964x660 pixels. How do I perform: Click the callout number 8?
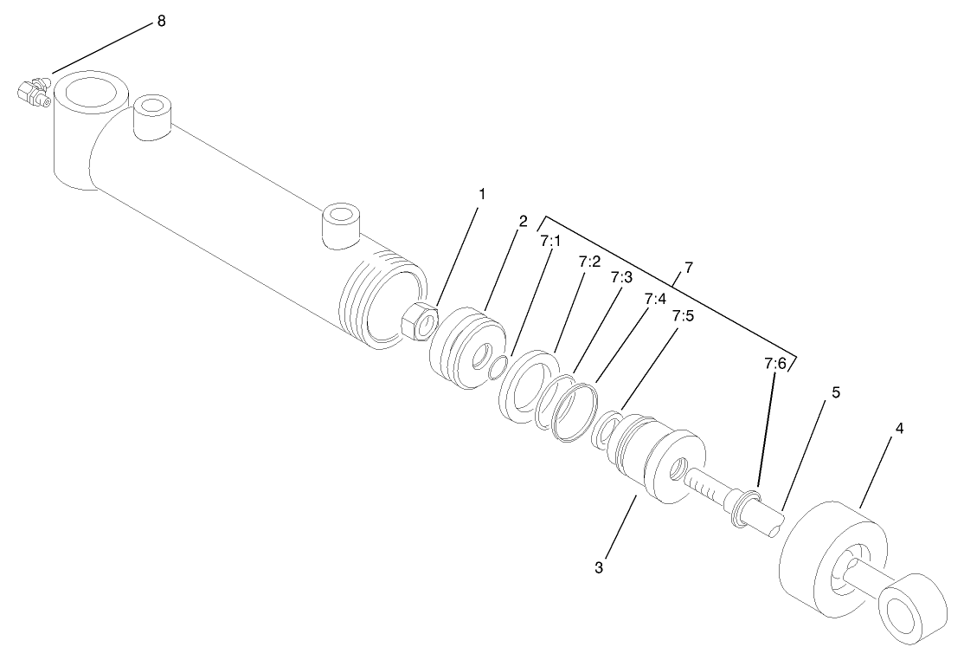click(161, 21)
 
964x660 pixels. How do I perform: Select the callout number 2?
click(523, 221)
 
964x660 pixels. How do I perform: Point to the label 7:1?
click(551, 242)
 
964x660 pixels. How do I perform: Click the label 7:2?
click(589, 261)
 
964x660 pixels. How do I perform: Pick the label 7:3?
click(621, 278)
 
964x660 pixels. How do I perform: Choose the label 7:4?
click(655, 298)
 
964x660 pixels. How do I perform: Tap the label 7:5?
click(683, 316)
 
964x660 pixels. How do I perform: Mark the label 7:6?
click(774, 364)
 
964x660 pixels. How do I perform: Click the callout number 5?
click(835, 392)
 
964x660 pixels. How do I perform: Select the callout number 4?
click(899, 429)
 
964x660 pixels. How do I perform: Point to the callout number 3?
click(598, 568)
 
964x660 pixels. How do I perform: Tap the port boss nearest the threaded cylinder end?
click(340, 225)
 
